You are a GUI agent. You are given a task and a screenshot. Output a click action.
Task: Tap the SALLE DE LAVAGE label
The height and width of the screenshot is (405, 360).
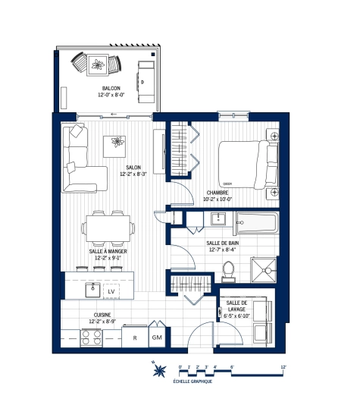tap(236, 306)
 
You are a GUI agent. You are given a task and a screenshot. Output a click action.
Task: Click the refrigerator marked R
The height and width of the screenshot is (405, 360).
tap(134, 337)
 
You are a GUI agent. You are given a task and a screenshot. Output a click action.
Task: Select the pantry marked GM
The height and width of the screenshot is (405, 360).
tap(157, 337)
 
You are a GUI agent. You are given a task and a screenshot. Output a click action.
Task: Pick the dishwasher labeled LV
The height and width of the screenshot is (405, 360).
tap(111, 290)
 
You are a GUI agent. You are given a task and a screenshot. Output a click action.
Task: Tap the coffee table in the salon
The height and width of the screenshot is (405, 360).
tap(117, 143)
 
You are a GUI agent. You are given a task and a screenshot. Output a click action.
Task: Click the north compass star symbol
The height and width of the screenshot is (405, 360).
tap(160, 371)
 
